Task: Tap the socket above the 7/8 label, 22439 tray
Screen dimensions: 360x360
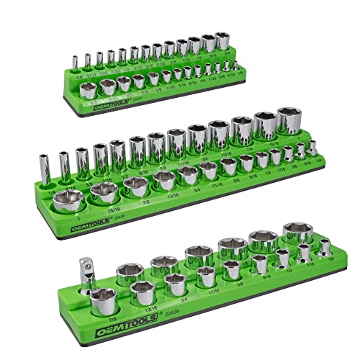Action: [x=103, y=297]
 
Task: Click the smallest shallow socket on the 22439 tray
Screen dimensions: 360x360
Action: [x=325, y=248]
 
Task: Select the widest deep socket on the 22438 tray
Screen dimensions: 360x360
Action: [x=290, y=124]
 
